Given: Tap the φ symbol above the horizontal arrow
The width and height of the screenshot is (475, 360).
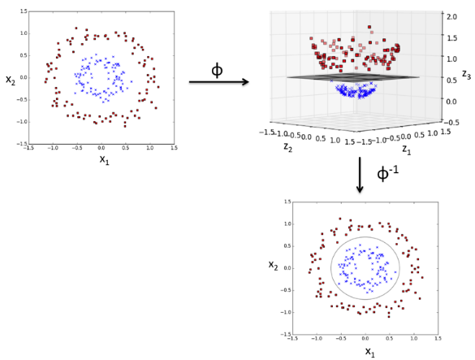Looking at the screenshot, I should point(217,70).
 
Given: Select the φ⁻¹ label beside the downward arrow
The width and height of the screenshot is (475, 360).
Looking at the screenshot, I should point(387,174).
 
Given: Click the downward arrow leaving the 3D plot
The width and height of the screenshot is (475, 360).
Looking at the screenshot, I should point(360,175).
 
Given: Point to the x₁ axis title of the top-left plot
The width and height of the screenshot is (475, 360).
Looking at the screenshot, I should point(104,159).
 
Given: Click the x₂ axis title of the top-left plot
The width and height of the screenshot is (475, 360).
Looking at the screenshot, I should point(11,79).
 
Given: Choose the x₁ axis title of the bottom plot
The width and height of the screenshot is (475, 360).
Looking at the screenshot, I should point(369,352).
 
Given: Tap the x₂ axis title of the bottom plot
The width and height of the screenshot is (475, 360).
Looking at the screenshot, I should point(274,265).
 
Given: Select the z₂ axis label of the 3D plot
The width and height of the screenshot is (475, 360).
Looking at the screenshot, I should point(287,147).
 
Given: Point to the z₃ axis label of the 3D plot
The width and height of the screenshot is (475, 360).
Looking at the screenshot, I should point(464,74).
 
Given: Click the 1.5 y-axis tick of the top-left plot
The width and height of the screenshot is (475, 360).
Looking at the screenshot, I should point(23,12).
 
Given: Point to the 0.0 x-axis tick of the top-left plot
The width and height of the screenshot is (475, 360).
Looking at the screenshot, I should point(101,148).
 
